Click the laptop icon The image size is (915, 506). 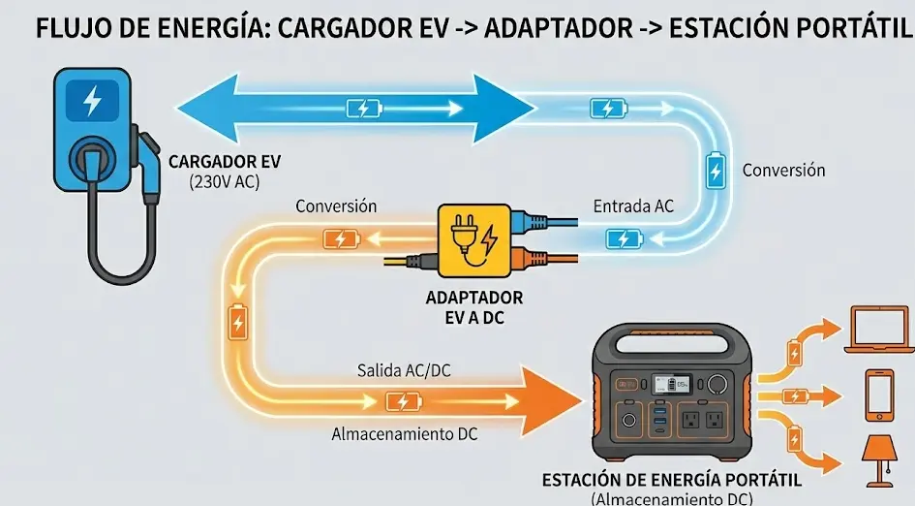coord(876,330)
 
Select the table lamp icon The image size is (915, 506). coord(878,459)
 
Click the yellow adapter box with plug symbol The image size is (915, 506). coord(474,241)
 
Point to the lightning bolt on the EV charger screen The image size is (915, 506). coord(92,100)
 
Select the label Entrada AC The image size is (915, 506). coord(633,206)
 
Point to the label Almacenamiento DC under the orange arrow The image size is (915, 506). coord(405,434)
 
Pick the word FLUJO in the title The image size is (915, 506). coord(71,28)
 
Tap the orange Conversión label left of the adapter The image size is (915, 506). coord(336,206)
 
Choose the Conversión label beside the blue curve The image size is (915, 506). coord(783,170)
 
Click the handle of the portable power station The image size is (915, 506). coord(665,341)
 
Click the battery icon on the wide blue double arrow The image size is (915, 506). coord(364,108)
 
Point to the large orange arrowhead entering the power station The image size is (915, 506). coord(557,398)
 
